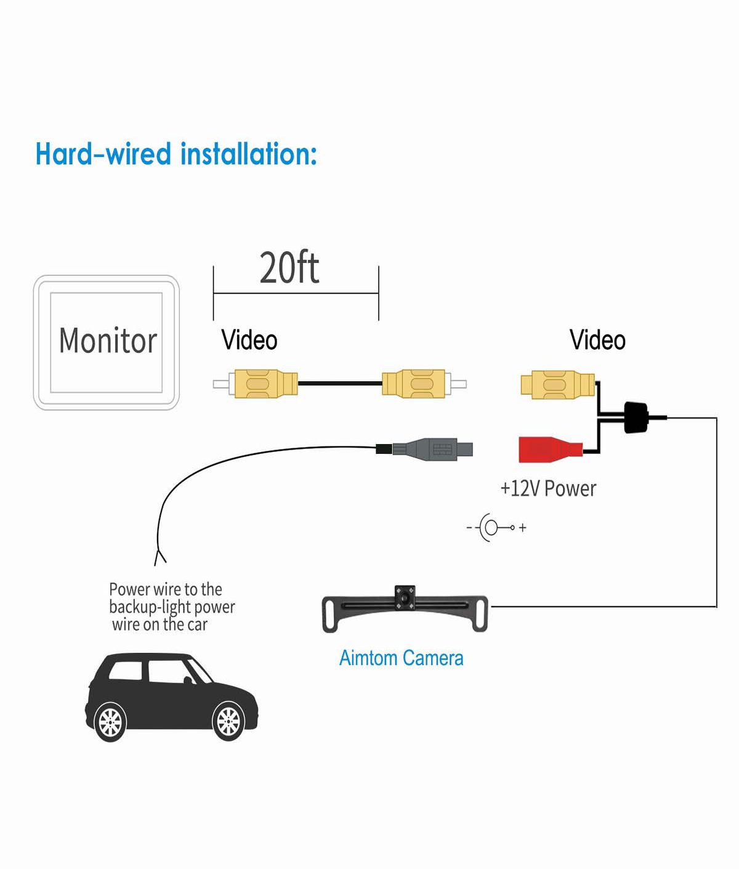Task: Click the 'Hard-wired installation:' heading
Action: coord(176,154)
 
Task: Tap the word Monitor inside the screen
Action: coord(108,341)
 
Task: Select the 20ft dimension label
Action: coord(289,268)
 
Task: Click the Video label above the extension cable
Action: coord(249,340)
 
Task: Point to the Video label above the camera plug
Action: coord(597,340)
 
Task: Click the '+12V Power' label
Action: coord(548,488)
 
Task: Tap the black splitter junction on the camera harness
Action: coord(636,417)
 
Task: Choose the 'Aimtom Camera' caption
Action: coord(401,658)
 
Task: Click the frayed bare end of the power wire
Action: coord(160,557)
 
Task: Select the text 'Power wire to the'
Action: coord(165,589)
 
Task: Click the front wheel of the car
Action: coord(228,721)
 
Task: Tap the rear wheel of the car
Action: coord(110,722)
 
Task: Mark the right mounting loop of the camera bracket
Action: coord(479,613)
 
